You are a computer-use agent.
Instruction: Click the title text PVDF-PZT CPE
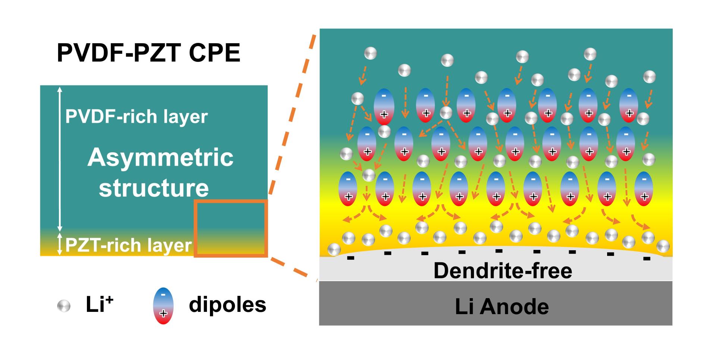point(148,53)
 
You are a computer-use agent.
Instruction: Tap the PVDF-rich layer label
point(136,116)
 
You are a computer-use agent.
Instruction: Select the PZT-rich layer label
point(128,245)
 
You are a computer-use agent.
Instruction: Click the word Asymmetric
point(160,157)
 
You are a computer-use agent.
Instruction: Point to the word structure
point(154,187)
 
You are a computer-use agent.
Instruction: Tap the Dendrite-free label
point(502,270)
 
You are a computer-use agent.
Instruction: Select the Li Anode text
point(502,306)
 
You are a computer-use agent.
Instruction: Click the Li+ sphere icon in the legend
point(64,306)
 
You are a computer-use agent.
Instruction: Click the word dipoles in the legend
point(227,304)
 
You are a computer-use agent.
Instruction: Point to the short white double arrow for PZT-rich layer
point(60,244)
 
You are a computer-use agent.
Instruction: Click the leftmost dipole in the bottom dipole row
point(348,189)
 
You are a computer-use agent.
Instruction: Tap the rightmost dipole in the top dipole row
point(629,106)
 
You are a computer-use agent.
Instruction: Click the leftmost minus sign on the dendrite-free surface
point(351,258)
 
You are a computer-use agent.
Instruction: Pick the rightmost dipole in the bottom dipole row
point(644,189)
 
